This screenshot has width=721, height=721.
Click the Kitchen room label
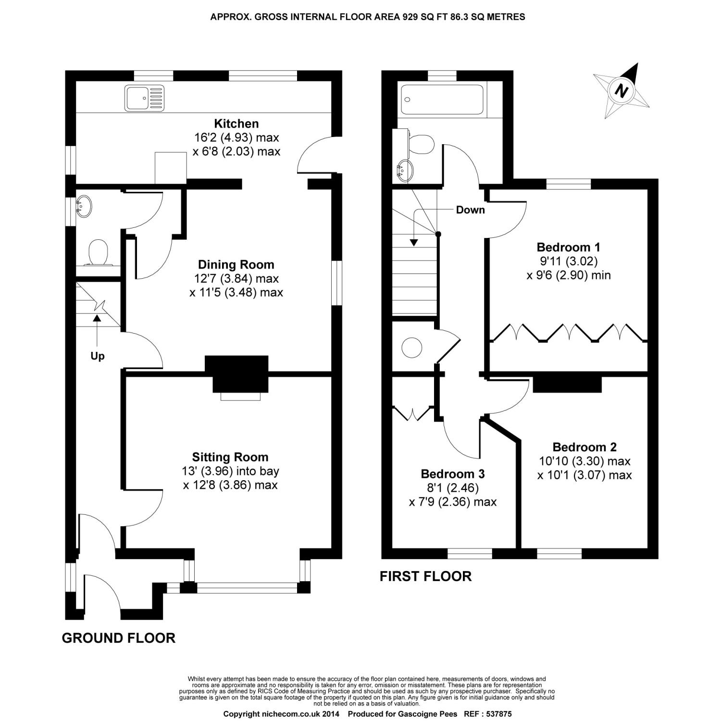[x=236, y=124]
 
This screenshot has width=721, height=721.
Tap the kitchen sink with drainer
[x=144, y=98]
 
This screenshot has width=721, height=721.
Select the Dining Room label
[x=236, y=264]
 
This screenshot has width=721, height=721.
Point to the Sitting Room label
[x=230, y=457]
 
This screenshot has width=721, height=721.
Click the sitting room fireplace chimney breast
[x=236, y=374]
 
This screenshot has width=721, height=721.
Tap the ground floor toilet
[x=99, y=253]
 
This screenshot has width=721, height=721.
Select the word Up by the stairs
[x=98, y=356]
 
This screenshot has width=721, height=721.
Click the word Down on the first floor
[x=470, y=210]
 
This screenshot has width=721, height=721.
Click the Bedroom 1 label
[x=568, y=248]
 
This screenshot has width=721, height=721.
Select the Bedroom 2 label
[x=584, y=447]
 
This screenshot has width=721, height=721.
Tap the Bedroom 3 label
[x=453, y=474]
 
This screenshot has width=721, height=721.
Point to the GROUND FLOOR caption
[x=119, y=638]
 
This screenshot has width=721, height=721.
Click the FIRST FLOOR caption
[x=425, y=576]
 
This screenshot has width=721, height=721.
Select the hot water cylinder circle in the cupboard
[x=412, y=347]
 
